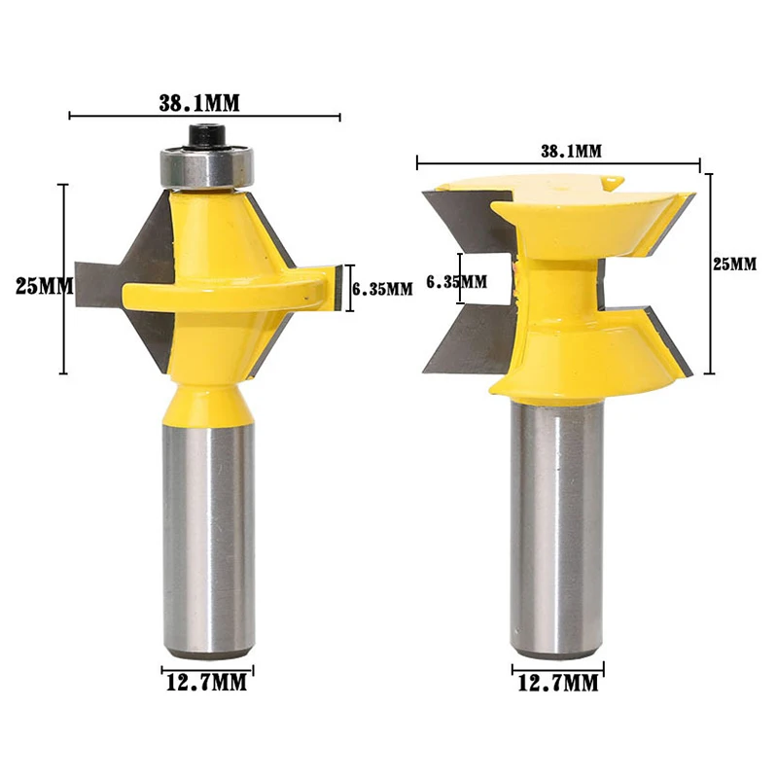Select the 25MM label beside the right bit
[736, 264]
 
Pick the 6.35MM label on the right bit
[457, 281]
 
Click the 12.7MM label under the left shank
[205, 683]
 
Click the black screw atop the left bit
[205, 132]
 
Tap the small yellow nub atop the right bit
[610, 182]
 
